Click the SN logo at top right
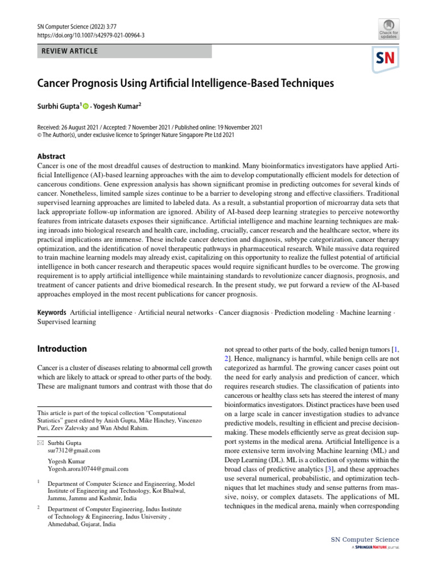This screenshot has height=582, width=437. point(386,59)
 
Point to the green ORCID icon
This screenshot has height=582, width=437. point(86,106)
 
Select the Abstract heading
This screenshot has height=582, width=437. point(51,156)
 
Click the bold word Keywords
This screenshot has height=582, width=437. point(52,313)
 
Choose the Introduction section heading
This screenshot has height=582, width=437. point(62,348)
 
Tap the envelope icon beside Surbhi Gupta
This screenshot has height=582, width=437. point(40,442)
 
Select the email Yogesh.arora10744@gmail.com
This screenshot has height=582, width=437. point(88,469)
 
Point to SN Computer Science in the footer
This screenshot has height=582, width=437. point(365,539)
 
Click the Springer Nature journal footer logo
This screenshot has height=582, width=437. point(375,548)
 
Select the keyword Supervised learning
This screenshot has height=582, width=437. point(67,322)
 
